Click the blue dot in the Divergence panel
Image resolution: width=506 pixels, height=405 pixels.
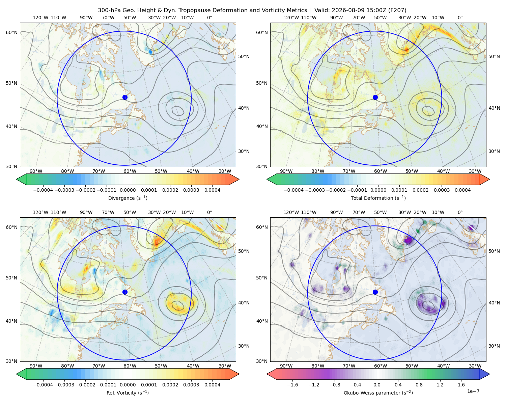125,97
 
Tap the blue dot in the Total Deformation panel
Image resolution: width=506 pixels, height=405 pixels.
375,97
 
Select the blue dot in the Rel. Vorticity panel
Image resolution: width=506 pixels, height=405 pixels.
125,292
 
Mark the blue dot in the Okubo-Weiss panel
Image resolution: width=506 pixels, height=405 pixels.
375,292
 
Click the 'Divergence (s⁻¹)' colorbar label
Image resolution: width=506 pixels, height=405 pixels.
128,198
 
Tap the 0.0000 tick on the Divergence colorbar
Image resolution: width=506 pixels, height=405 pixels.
128,190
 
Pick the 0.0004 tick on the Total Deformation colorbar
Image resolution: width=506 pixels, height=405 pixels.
462,190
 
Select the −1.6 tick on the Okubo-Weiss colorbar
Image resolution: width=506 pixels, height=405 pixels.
292,385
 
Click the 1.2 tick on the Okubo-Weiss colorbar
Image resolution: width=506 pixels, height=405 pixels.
440,385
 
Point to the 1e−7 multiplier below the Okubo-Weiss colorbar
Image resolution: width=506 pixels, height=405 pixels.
473,391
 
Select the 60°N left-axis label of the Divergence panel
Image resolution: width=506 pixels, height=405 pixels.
11,32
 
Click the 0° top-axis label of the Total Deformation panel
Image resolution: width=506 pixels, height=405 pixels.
460,18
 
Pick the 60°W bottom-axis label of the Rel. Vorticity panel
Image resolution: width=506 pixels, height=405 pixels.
130,366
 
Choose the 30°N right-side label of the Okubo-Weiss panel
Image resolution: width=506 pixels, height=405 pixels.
494,346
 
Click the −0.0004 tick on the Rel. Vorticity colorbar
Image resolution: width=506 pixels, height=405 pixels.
43,385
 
